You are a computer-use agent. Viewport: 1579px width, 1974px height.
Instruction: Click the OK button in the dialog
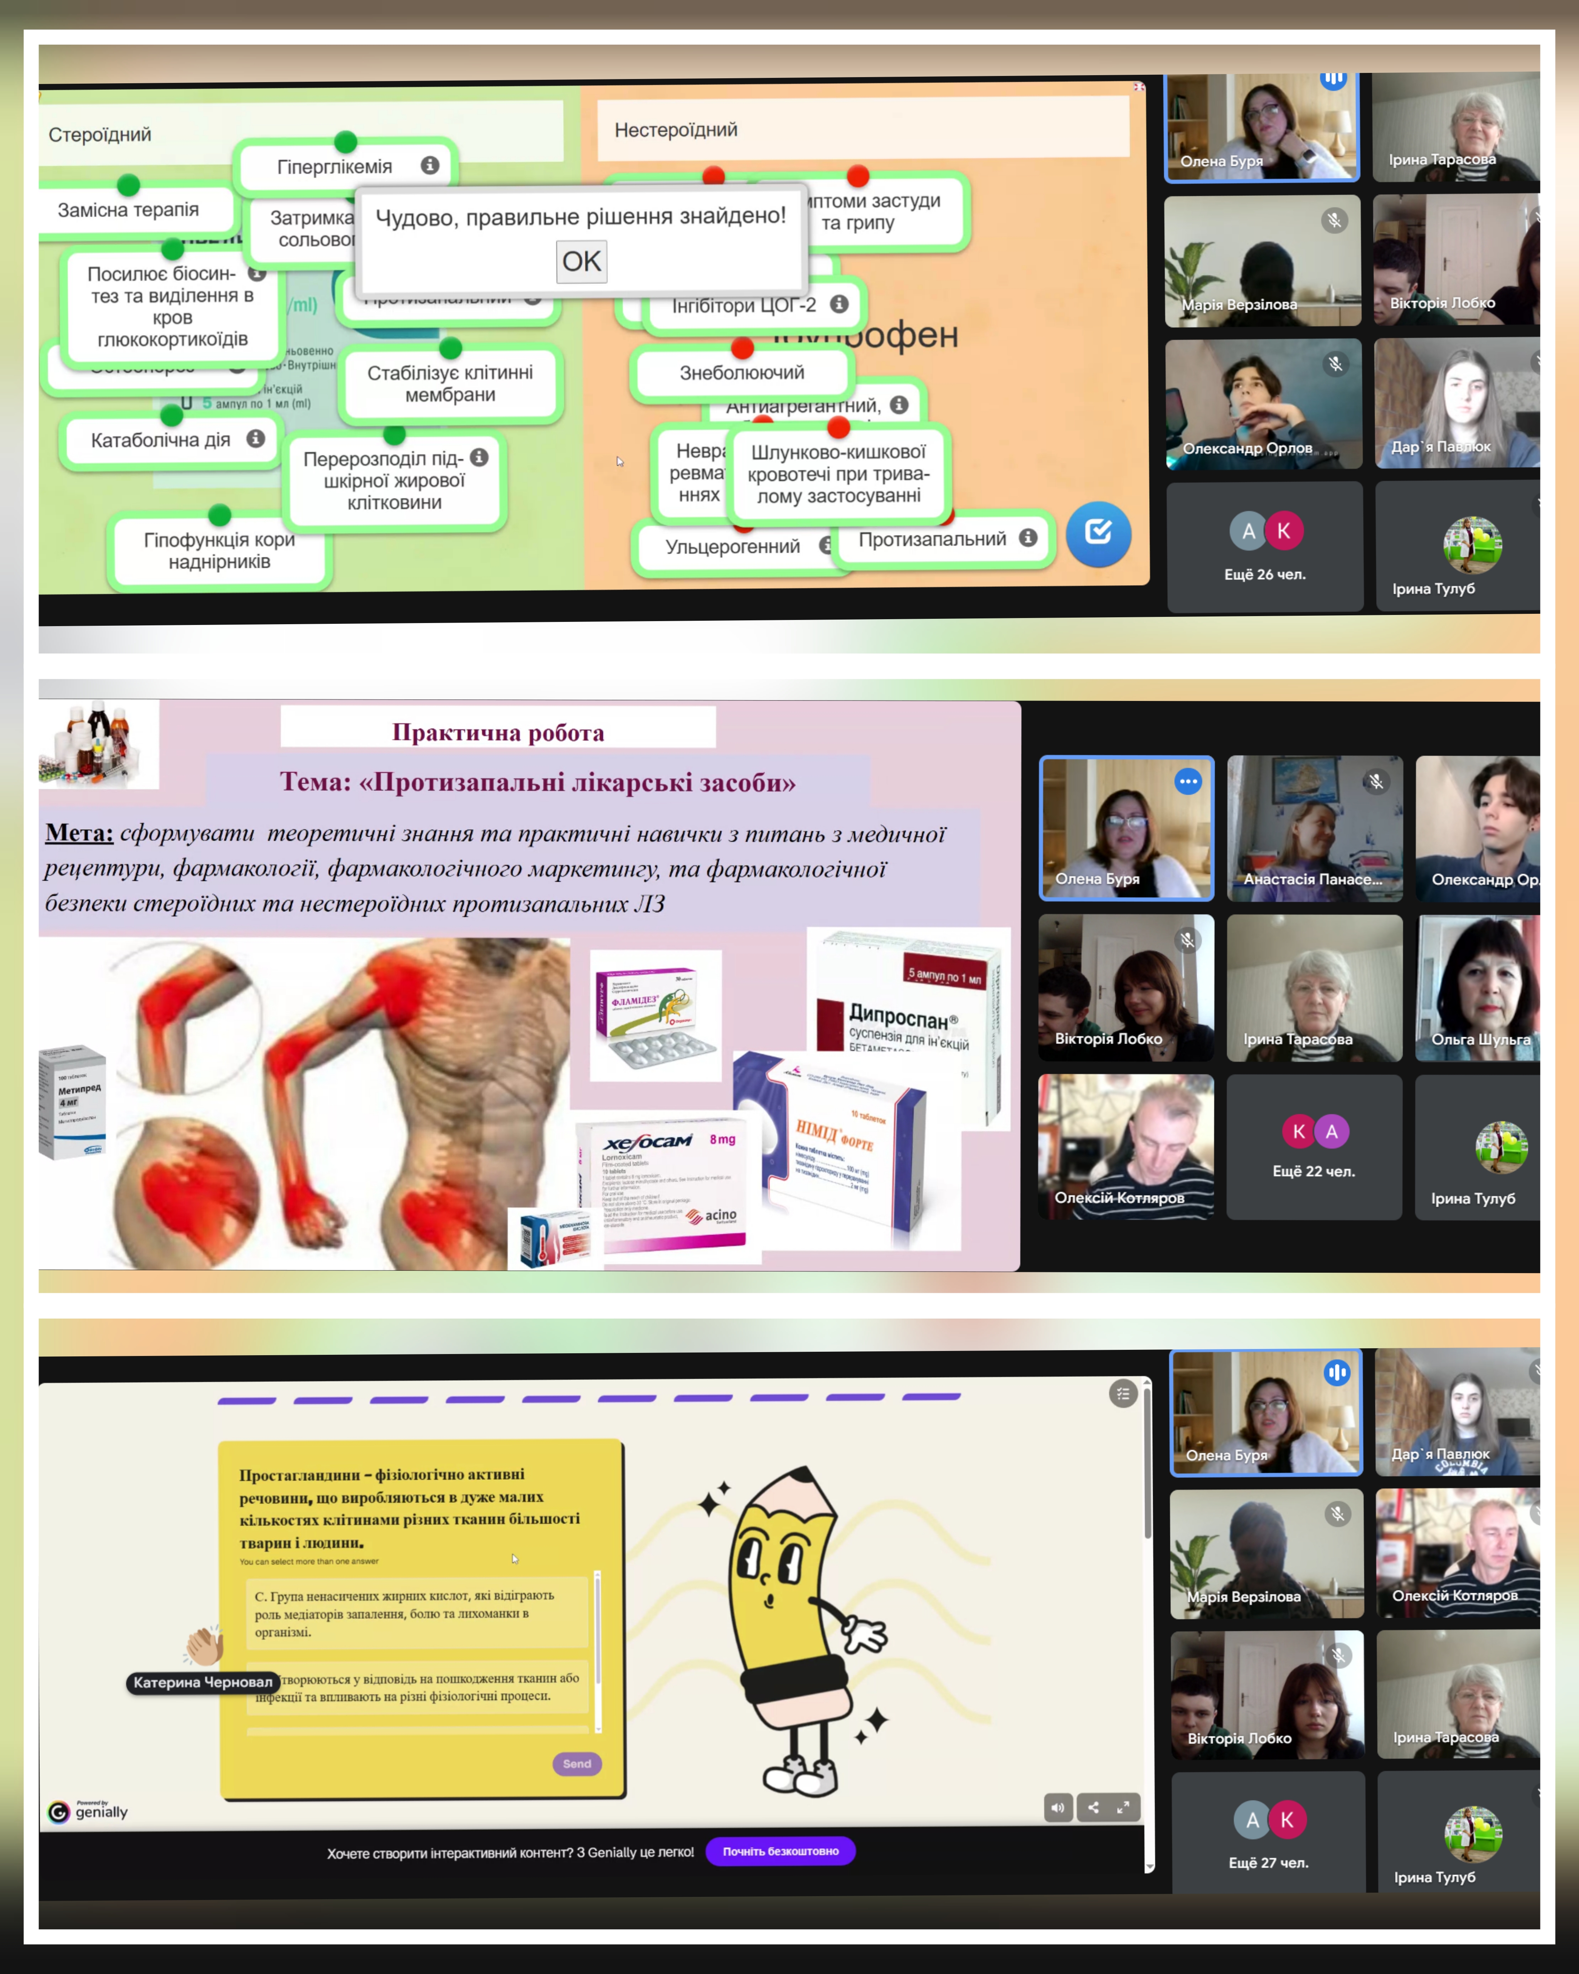[x=581, y=262]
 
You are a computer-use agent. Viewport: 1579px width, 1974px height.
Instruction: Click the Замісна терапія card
[x=128, y=210]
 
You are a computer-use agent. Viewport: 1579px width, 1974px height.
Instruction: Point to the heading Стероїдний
[x=100, y=135]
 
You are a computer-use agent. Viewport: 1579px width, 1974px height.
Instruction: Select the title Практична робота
[x=498, y=733]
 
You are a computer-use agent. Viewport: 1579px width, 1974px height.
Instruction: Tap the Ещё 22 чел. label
[x=1313, y=1171]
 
